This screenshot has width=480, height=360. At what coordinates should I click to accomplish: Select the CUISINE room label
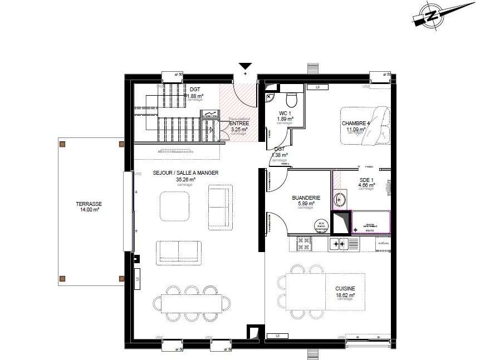tap(345, 288)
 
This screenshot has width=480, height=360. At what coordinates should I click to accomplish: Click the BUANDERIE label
tap(306, 198)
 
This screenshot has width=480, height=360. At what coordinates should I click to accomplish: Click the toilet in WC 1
tap(291, 99)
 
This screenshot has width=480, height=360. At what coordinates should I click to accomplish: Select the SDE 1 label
tap(366, 179)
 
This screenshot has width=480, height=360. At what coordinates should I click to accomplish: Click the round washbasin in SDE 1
tap(341, 199)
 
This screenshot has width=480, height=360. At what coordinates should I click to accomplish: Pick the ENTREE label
tap(239, 124)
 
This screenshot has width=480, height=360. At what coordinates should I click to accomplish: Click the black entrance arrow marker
tap(245, 66)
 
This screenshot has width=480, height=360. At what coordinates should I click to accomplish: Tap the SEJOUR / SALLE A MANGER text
tap(185, 173)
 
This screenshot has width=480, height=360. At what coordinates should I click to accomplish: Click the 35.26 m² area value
tap(185, 180)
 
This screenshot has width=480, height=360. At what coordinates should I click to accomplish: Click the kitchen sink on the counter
tap(340, 244)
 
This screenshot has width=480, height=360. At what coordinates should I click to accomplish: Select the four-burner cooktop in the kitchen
tap(305, 243)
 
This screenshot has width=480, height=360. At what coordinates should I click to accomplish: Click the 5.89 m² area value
tap(306, 203)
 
